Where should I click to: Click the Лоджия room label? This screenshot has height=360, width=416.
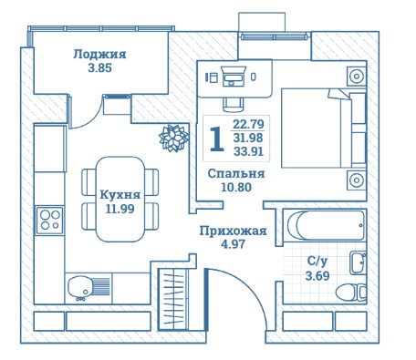99,55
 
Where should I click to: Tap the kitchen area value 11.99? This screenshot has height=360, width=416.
120,209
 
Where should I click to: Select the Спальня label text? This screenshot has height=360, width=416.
236,174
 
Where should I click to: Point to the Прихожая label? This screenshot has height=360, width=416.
233,231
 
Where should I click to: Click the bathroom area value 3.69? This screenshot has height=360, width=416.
317,276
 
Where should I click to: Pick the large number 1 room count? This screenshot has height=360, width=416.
217,139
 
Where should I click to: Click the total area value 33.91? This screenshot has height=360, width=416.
248,151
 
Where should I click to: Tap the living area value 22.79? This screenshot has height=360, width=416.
248,124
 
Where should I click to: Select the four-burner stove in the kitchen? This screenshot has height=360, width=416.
49,221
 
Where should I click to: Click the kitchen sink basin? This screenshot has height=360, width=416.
80,286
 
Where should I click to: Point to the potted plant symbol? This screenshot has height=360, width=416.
173,138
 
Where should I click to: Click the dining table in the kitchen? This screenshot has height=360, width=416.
120,199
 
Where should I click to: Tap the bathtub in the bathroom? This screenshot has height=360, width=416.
326,225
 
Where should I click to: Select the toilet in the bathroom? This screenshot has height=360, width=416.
351,293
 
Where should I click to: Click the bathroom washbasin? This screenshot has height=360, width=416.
358,262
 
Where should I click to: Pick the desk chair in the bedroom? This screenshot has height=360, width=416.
234,105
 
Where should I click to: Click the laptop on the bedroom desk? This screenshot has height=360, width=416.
234,76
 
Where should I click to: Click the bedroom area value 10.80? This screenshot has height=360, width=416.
236,187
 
